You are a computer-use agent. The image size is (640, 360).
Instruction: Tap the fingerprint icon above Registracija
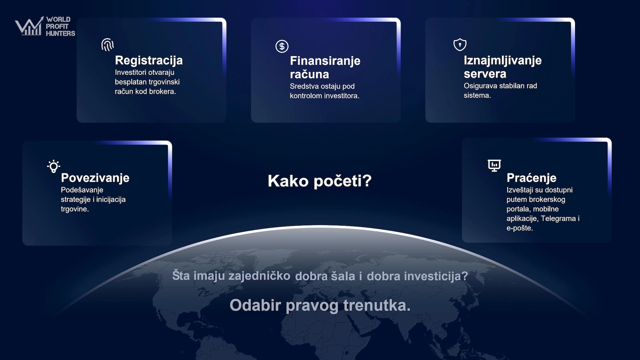click(108, 45)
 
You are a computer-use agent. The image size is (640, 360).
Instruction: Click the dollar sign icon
click(282, 46)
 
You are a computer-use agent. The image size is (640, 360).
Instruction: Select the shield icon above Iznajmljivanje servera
click(460, 44)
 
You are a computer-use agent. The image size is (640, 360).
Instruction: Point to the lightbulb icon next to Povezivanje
click(54, 166)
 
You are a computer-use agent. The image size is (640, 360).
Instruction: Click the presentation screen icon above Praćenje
click(494, 165)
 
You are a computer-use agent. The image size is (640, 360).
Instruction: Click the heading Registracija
click(149, 60)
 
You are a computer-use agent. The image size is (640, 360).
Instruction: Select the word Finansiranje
click(325, 61)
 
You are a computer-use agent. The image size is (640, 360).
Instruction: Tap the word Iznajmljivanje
click(503, 60)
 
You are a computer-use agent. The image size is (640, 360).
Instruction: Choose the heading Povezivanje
click(95, 178)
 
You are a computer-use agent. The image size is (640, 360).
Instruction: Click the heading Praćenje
click(532, 178)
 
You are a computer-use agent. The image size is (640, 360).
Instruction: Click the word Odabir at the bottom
click(255, 305)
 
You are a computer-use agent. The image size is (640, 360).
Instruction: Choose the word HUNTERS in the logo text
click(60, 33)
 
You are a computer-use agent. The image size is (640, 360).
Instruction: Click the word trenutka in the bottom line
click(377, 305)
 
